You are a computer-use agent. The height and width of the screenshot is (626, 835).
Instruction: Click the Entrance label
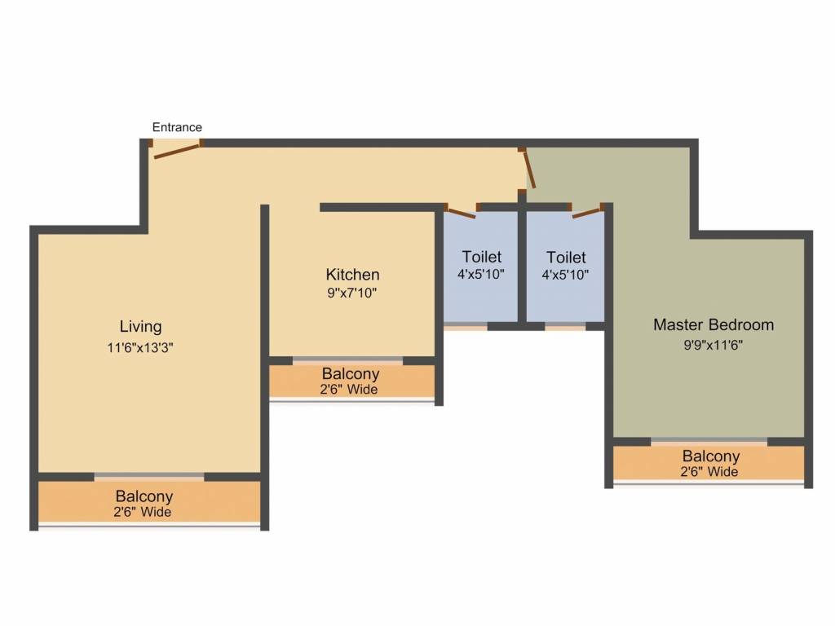[x=177, y=127]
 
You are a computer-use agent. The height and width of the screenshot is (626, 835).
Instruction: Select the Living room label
[x=140, y=327]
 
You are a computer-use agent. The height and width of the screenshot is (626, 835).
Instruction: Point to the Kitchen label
[x=352, y=275]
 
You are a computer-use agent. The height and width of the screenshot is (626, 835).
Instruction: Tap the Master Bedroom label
[x=713, y=324]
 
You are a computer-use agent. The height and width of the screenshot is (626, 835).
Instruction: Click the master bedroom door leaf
[x=528, y=170]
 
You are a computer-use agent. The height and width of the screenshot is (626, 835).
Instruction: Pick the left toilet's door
[x=461, y=213]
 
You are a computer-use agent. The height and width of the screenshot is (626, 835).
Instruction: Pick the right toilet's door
[x=586, y=213]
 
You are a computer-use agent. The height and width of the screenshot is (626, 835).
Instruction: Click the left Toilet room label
[x=481, y=258]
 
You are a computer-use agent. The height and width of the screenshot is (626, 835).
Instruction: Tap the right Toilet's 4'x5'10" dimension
[x=565, y=275]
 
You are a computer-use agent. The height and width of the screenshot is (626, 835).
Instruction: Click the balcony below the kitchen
[x=351, y=381]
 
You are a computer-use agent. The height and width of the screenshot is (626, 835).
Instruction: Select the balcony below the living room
[x=144, y=502]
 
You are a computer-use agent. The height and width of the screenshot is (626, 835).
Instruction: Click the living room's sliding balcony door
[x=148, y=477]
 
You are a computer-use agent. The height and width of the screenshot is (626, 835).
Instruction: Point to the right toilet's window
[x=564, y=326]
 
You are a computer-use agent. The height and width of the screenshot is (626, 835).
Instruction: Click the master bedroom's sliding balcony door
[x=709, y=442]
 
